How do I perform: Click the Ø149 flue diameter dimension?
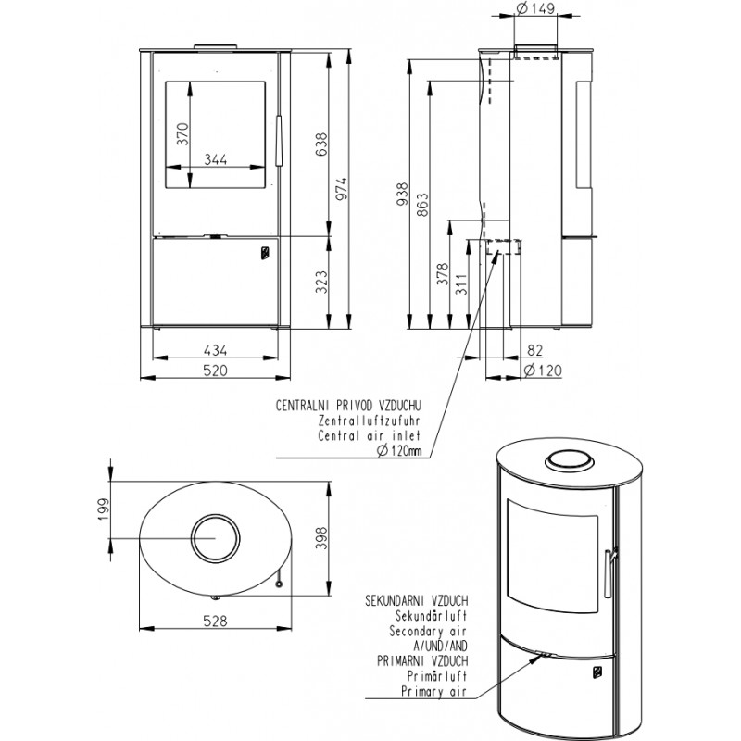point(535,8)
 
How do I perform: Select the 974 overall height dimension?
point(341,189)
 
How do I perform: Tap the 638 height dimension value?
point(320,144)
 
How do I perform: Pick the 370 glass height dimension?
point(182,133)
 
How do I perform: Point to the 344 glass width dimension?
point(216,159)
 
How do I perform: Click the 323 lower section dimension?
point(320,282)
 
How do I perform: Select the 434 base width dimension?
point(216,350)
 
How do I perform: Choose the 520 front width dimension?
point(216,370)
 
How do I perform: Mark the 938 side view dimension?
point(401,195)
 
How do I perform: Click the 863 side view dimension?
point(422,204)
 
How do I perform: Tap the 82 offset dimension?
point(534,350)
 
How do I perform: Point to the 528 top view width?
point(216,621)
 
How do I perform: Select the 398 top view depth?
point(320,538)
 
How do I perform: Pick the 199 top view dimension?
point(103,509)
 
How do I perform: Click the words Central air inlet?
point(369,435)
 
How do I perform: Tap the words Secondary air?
point(428,631)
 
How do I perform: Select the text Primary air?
point(433,691)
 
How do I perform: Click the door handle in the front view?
point(279,141)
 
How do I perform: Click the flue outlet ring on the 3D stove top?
point(569,459)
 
